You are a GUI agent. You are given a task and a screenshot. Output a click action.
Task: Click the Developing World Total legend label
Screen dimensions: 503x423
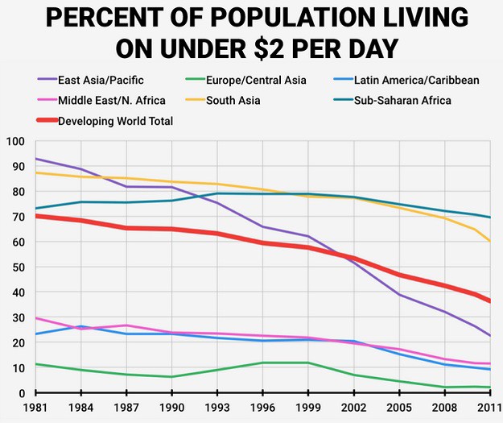click(115, 121)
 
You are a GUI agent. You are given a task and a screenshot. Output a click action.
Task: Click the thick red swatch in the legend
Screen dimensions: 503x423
click(47, 120)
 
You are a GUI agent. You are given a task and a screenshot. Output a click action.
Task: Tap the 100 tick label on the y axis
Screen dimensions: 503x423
click(15, 141)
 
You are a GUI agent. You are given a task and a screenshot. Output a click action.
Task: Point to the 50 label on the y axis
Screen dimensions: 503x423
click(19, 267)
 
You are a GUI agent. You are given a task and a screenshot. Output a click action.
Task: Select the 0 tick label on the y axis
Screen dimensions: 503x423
click(22, 393)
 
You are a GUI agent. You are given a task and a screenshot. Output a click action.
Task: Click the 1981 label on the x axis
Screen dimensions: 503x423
click(35, 408)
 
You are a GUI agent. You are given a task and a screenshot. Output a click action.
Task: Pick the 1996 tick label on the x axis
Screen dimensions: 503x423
click(262, 408)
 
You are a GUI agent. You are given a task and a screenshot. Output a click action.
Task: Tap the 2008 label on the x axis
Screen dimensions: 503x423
click(444, 408)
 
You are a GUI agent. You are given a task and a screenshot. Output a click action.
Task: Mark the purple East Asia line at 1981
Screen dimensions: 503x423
click(35, 159)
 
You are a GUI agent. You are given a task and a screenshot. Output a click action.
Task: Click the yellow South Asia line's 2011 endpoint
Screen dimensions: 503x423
click(490, 241)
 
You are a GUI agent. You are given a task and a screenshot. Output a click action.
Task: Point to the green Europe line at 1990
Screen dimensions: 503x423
click(172, 377)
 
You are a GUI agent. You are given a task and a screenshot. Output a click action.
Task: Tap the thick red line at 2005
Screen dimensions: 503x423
click(399, 276)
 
